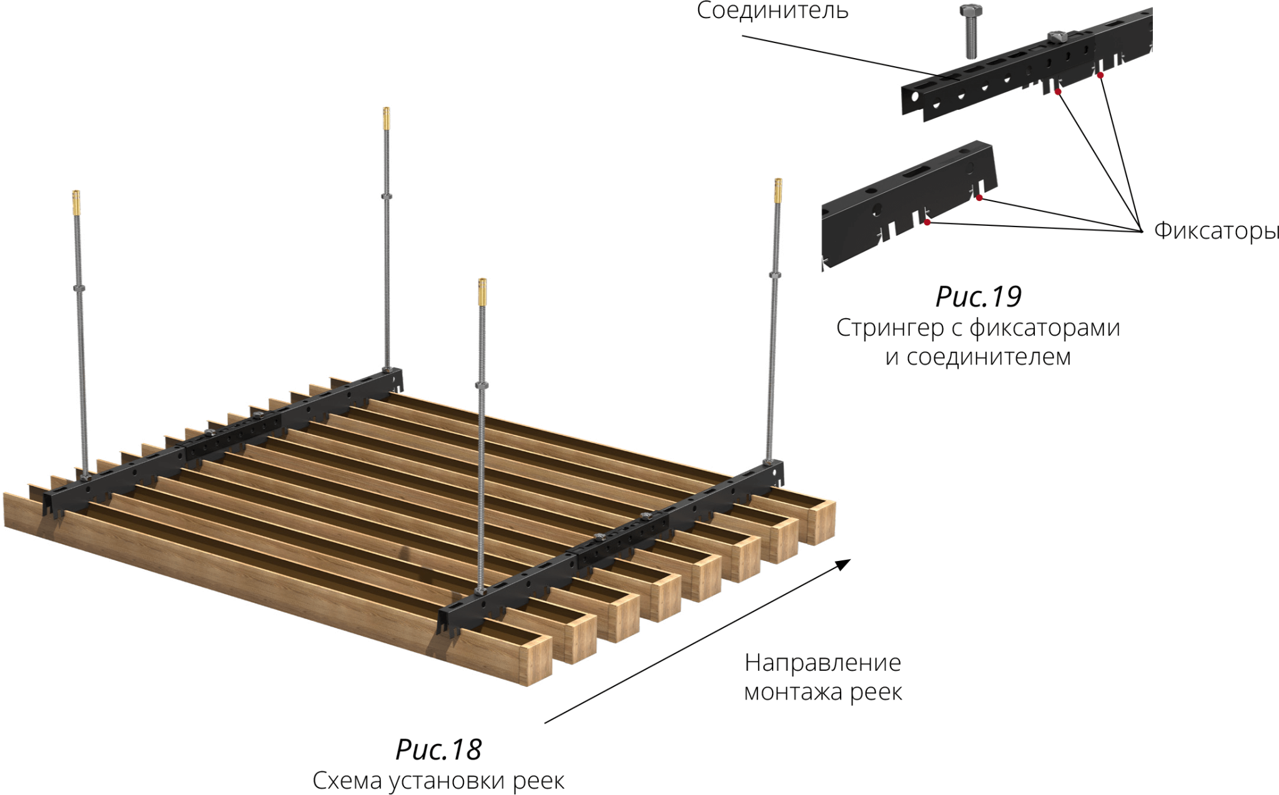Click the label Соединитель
772,11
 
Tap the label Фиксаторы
1216,230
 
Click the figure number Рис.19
978,296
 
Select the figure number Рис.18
438,749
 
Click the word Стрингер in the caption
889,328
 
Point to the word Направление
822,663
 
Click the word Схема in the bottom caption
347,781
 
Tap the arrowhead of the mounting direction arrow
843,564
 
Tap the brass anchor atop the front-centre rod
482,291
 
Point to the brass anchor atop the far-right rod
778,190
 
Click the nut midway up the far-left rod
79,288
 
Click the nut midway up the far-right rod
775,274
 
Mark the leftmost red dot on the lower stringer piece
927,222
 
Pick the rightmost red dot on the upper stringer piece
1100,76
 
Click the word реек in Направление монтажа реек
876,692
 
